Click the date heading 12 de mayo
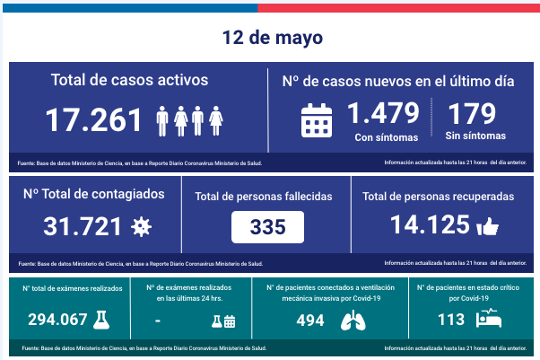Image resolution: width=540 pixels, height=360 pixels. tap(269, 39)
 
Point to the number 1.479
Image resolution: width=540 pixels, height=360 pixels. tap(383, 114)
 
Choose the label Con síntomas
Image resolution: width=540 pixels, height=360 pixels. tap(386, 137)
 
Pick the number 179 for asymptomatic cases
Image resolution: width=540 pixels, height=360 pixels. tap(475, 114)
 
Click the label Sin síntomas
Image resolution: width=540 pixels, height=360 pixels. tap(475, 136)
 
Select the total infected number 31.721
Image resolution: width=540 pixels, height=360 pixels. tap(83, 227)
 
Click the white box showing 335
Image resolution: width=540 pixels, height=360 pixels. tap(268, 227)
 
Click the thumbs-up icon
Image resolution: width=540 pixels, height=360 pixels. tap(488, 228)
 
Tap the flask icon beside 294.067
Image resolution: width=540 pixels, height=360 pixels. tap(102, 319)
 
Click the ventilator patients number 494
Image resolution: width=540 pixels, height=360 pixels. tap(309, 320)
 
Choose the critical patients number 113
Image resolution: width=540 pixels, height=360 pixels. tap(451, 319)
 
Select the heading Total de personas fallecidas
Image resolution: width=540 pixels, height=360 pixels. tap(268, 196)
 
